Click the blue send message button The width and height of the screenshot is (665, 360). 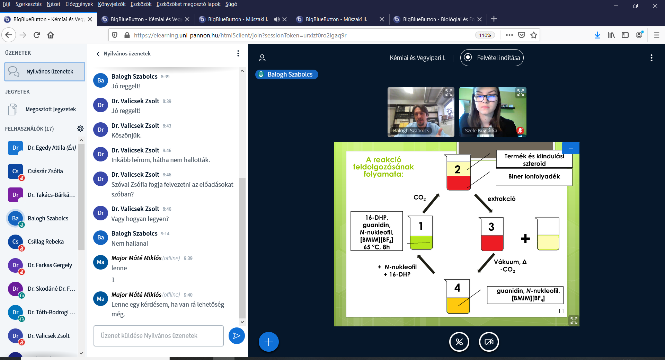click(x=237, y=335)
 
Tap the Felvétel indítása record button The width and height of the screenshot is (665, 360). click(x=492, y=58)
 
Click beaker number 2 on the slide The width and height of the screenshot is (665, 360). click(x=458, y=173)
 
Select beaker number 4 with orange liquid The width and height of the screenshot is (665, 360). click(x=458, y=297)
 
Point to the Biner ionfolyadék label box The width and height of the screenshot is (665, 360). click(x=534, y=177)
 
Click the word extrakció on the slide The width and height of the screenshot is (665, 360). click(x=501, y=199)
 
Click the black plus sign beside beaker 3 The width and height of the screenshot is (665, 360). click(x=525, y=238)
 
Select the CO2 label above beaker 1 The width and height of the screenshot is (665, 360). click(x=419, y=197)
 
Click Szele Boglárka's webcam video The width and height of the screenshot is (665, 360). click(x=493, y=112)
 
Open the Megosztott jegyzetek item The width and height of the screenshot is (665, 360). click(x=51, y=109)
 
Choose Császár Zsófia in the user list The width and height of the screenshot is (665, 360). click(x=45, y=171)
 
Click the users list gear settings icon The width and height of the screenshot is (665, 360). click(x=80, y=129)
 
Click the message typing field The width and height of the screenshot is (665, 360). click(x=158, y=335)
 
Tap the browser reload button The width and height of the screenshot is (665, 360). click(x=37, y=35)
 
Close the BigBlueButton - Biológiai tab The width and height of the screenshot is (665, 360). click(x=479, y=19)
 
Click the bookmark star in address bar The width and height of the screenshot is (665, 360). click(x=534, y=35)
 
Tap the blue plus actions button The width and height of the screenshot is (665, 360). click(x=268, y=342)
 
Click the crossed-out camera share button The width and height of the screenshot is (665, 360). click(x=489, y=342)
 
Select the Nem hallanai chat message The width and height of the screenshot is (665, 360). click(x=130, y=244)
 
